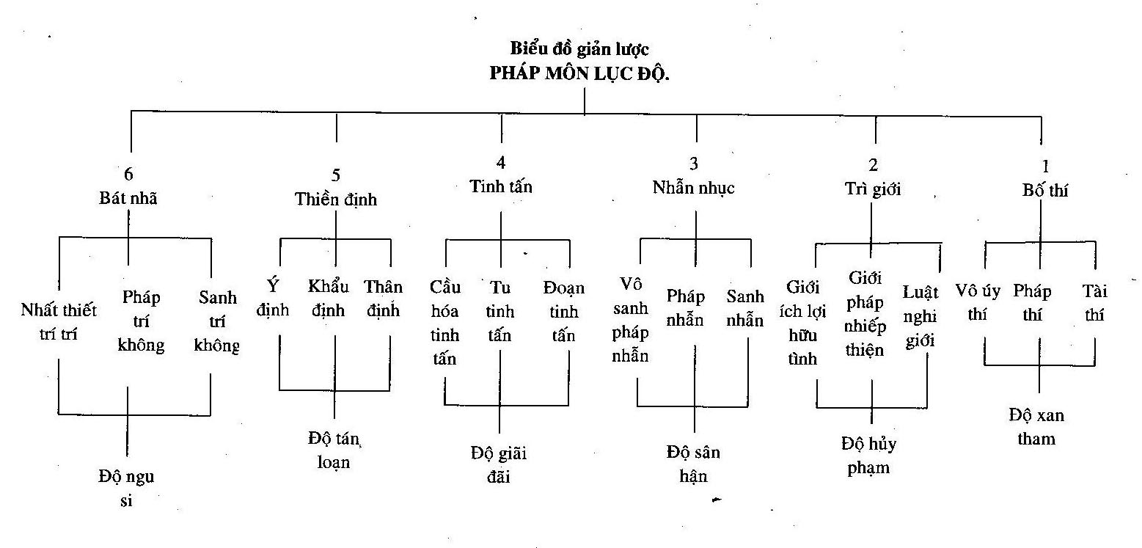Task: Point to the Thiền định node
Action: (336, 199)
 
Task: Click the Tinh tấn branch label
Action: (501, 186)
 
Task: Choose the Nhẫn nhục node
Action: (693, 187)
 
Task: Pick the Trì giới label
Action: (873, 189)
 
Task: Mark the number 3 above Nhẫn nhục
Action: (693, 164)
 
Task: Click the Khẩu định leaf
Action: (329, 298)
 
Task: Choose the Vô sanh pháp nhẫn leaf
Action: (636, 321)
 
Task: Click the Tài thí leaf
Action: (1096, 304)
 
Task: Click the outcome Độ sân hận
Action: (693, 464)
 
